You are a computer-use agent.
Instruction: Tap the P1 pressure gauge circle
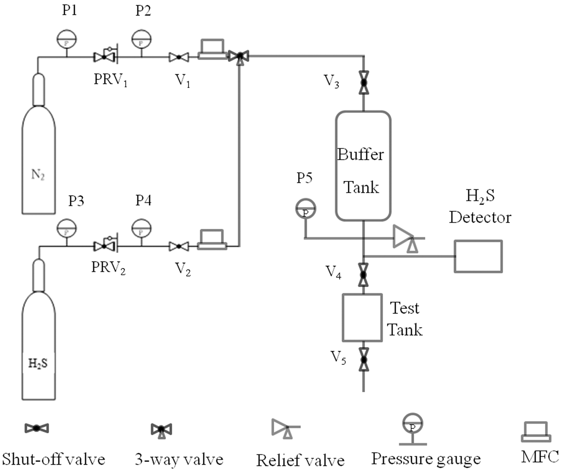coord(66,39)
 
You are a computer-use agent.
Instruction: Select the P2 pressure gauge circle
coord(141,39)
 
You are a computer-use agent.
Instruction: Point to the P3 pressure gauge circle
coord(66,228)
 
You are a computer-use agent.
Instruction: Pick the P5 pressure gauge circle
coord(306,209)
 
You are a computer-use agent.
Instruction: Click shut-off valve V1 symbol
coord(179,57)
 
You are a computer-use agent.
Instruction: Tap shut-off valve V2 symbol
coord(179,246)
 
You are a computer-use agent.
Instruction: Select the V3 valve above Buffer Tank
coord(364,83)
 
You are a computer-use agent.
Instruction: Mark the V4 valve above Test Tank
coord(364,275)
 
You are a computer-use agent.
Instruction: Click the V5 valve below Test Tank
coord(364,360)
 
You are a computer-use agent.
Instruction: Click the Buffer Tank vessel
coord(363,166)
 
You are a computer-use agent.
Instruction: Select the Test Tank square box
coord(362,318)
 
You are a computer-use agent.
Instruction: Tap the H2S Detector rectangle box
coord(478,256)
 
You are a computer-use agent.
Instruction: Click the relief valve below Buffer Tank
coord(407,239)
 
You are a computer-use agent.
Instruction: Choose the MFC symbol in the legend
coord(536,432)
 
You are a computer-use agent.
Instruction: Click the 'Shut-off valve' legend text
coord(54,460)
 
